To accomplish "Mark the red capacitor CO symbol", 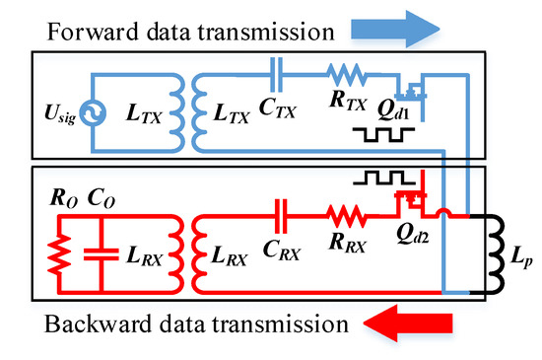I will point(102,254).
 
